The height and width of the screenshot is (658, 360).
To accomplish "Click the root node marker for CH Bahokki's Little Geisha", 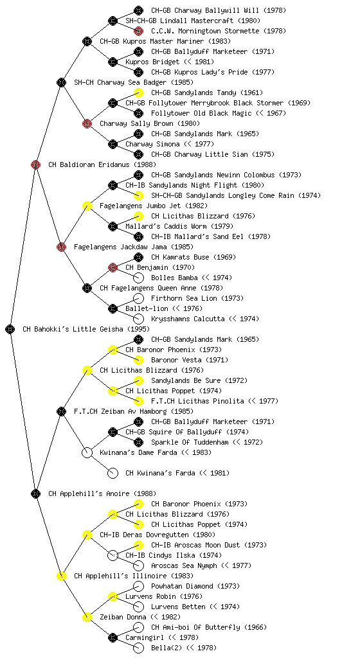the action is (x=10, y=329).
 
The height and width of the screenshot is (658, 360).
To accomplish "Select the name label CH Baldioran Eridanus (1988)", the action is (x=102, y=164).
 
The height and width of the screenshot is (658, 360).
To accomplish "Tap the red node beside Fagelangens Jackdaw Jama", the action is (x=61, y=247).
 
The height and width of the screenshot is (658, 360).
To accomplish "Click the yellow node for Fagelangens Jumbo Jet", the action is (x=87, y=206).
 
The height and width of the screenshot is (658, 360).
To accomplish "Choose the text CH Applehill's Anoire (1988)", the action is (x=102, y=493).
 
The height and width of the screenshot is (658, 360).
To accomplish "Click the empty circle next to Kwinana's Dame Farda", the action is (x=87, y=452).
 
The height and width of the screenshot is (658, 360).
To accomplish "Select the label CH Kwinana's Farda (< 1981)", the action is (x=177, y=473).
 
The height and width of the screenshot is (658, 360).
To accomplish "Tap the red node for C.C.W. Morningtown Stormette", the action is (x=138, y=31).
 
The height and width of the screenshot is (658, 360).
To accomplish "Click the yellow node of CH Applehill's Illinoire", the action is (x=61, y=576).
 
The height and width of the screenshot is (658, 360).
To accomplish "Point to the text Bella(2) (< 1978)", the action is (x=184, y=648).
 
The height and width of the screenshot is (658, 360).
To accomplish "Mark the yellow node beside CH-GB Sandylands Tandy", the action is (x=138, y=93).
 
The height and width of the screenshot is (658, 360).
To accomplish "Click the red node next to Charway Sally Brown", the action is (x=87, y=123).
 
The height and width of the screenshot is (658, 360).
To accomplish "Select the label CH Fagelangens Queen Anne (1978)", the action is (x=161, y=288).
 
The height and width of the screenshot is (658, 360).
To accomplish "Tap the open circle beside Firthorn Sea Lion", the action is (x=138, y=298).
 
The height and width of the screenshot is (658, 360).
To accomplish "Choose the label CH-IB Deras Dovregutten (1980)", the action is (x=157, y=535).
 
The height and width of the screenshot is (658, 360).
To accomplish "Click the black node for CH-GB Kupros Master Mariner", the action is (x=87, y=41).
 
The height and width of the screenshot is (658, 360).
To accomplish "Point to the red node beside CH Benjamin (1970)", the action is (x=113, y=267).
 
